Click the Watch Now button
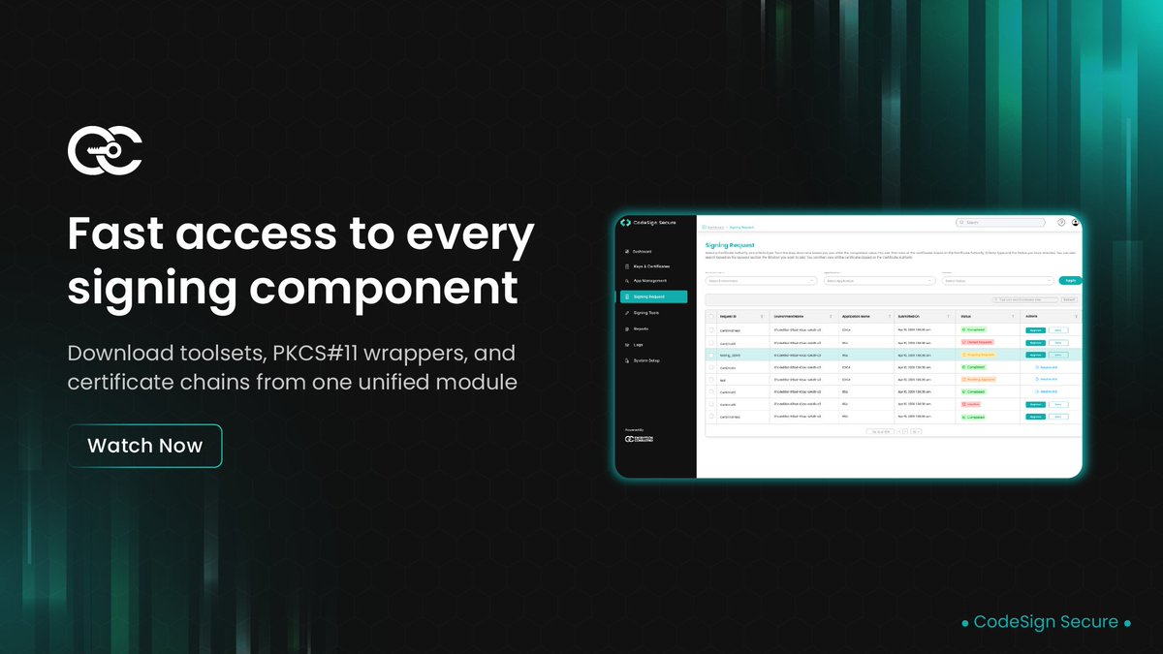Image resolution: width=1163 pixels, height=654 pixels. click(144, 446)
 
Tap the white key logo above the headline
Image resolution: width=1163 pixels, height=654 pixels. click(106, 150)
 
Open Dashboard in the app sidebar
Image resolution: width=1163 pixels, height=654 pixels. click(643, 251)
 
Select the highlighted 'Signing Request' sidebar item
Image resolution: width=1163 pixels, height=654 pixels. click(652, 297)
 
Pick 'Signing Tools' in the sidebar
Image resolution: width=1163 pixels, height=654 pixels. click(646, 313)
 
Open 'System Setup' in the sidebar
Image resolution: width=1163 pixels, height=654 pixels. click(646, 360)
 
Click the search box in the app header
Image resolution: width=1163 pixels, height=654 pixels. click(1001, 223)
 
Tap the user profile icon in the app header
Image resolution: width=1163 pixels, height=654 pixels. click(1075, 223)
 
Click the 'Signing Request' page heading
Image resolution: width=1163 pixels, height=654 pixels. click(729, 246)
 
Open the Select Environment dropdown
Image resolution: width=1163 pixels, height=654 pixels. click(761, 281)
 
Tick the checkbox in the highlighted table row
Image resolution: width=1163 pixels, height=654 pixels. click(710, 355)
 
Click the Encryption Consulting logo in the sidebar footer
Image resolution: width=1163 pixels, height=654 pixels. click(641, 439)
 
